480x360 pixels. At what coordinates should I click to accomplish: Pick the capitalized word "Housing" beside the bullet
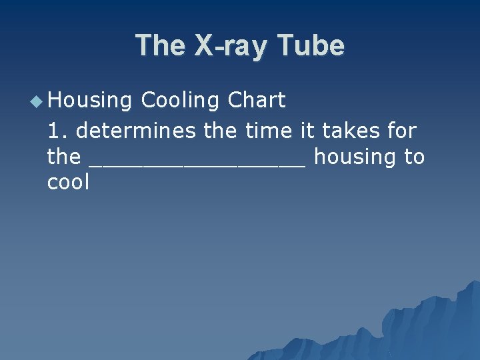90,101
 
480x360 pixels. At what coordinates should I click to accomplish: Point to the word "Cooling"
181,101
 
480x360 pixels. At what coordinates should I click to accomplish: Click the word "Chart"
257,101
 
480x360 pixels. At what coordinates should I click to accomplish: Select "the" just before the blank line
63,157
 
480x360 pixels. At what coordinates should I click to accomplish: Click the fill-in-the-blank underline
197,164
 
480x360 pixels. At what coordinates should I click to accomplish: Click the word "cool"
68,182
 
